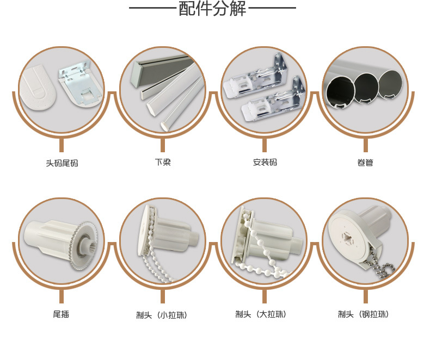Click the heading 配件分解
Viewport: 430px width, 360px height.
(212, 9)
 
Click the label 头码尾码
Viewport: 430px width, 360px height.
(62, 163)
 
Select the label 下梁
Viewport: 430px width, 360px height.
(163, 162)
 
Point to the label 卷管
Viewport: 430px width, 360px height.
(365, 162)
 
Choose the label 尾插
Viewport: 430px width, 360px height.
(61, 314)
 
